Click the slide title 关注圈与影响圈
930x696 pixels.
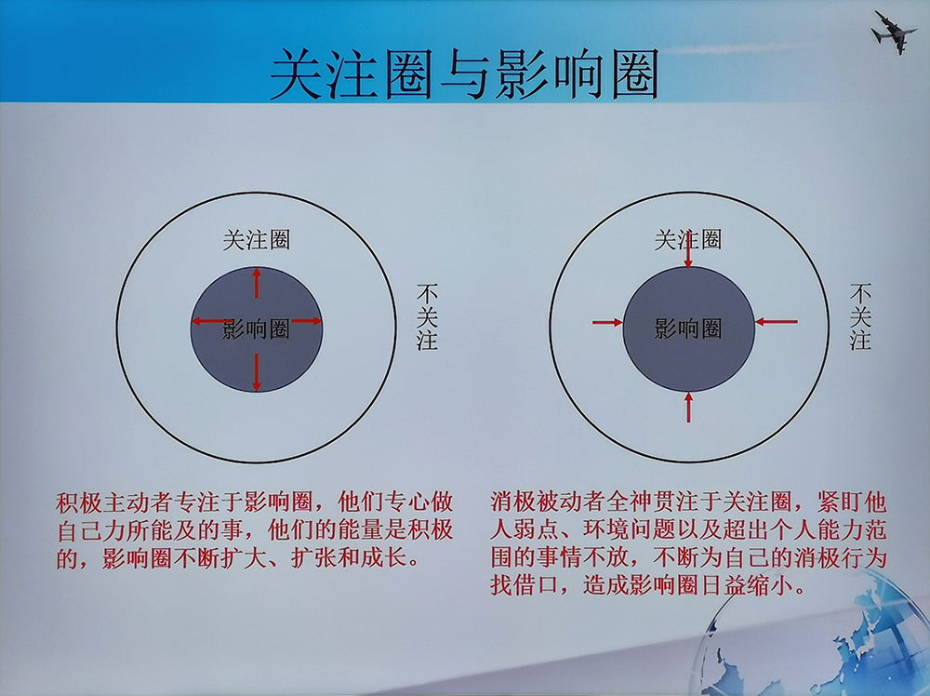[464, 75]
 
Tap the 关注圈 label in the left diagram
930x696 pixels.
[257, 240]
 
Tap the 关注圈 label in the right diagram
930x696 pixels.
[688, 240]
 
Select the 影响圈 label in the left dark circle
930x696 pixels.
[257, 328]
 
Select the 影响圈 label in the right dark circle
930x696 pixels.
[688, 328]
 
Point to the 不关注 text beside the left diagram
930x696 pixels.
[427, 316]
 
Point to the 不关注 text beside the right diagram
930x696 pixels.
[860, 316]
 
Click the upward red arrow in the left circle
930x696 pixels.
[257, 283]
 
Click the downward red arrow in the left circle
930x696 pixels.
[257, 372]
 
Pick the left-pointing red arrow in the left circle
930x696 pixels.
[211, 322]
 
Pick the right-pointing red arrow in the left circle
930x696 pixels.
[307, 321]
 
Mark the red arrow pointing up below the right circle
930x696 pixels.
[688, 407]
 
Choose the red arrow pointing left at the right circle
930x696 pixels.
[777, 322]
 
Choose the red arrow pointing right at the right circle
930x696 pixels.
[607, 322]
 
